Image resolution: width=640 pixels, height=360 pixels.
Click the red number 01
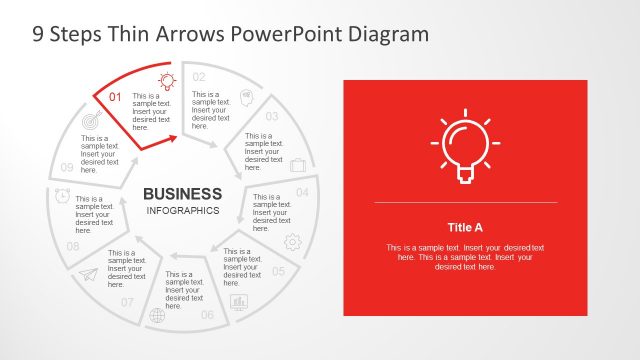pyautogui.click(x=114, y=97)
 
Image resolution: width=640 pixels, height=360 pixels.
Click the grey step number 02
pyautogui.click(x=199, y=77)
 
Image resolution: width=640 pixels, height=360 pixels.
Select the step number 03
pyautogui.click(x=271, y=116)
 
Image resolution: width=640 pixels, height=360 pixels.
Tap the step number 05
pyautogui.click(x=279, y=271)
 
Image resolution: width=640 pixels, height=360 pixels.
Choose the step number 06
pyautogui.click(x=207, y=315)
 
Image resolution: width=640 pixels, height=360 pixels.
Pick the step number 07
pyautogui.click(x=127, y=302)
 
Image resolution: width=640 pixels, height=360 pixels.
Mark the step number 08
pyautogui.click(x=73, y=246)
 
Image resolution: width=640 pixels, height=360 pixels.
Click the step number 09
pyautogui.click(x=67, y=167)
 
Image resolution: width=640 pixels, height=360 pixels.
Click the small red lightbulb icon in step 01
pyautogui.click(x=166, y=80)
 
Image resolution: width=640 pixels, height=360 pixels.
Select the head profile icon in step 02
pyautogui.click(x=246, y=100)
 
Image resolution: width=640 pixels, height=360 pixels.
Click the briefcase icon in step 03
pyautogui.click(x=298, y=165)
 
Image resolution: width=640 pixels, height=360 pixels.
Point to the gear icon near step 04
pyautogui.click(x=293, y=241)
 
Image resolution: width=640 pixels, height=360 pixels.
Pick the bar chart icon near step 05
pyautogui.click(x=239, y=301)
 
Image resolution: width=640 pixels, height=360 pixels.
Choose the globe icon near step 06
pyautogui.click(x=157, y=316)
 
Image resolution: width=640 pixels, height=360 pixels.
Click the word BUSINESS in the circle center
pyautogui.click(x=183, y=193)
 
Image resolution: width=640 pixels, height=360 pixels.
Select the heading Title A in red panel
pyautogui.click(x=465, y=227)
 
